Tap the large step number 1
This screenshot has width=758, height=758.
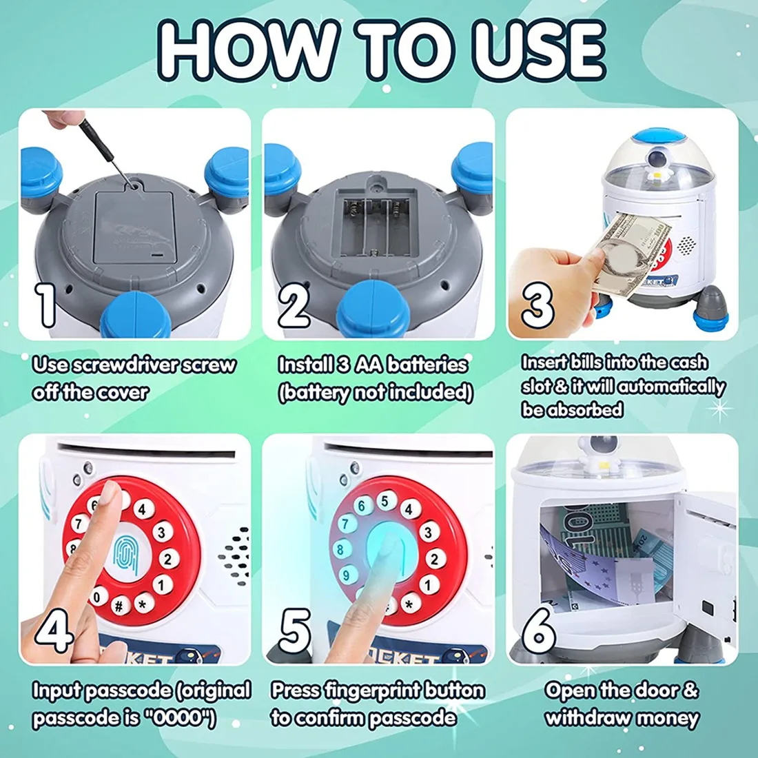point(46,305)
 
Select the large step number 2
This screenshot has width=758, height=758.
point(294,305)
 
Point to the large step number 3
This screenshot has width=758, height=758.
point(537,305)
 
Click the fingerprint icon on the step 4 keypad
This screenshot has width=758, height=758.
point(126,557)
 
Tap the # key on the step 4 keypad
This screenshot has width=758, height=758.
point(119,606)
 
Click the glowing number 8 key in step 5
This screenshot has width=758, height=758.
point(341,550)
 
